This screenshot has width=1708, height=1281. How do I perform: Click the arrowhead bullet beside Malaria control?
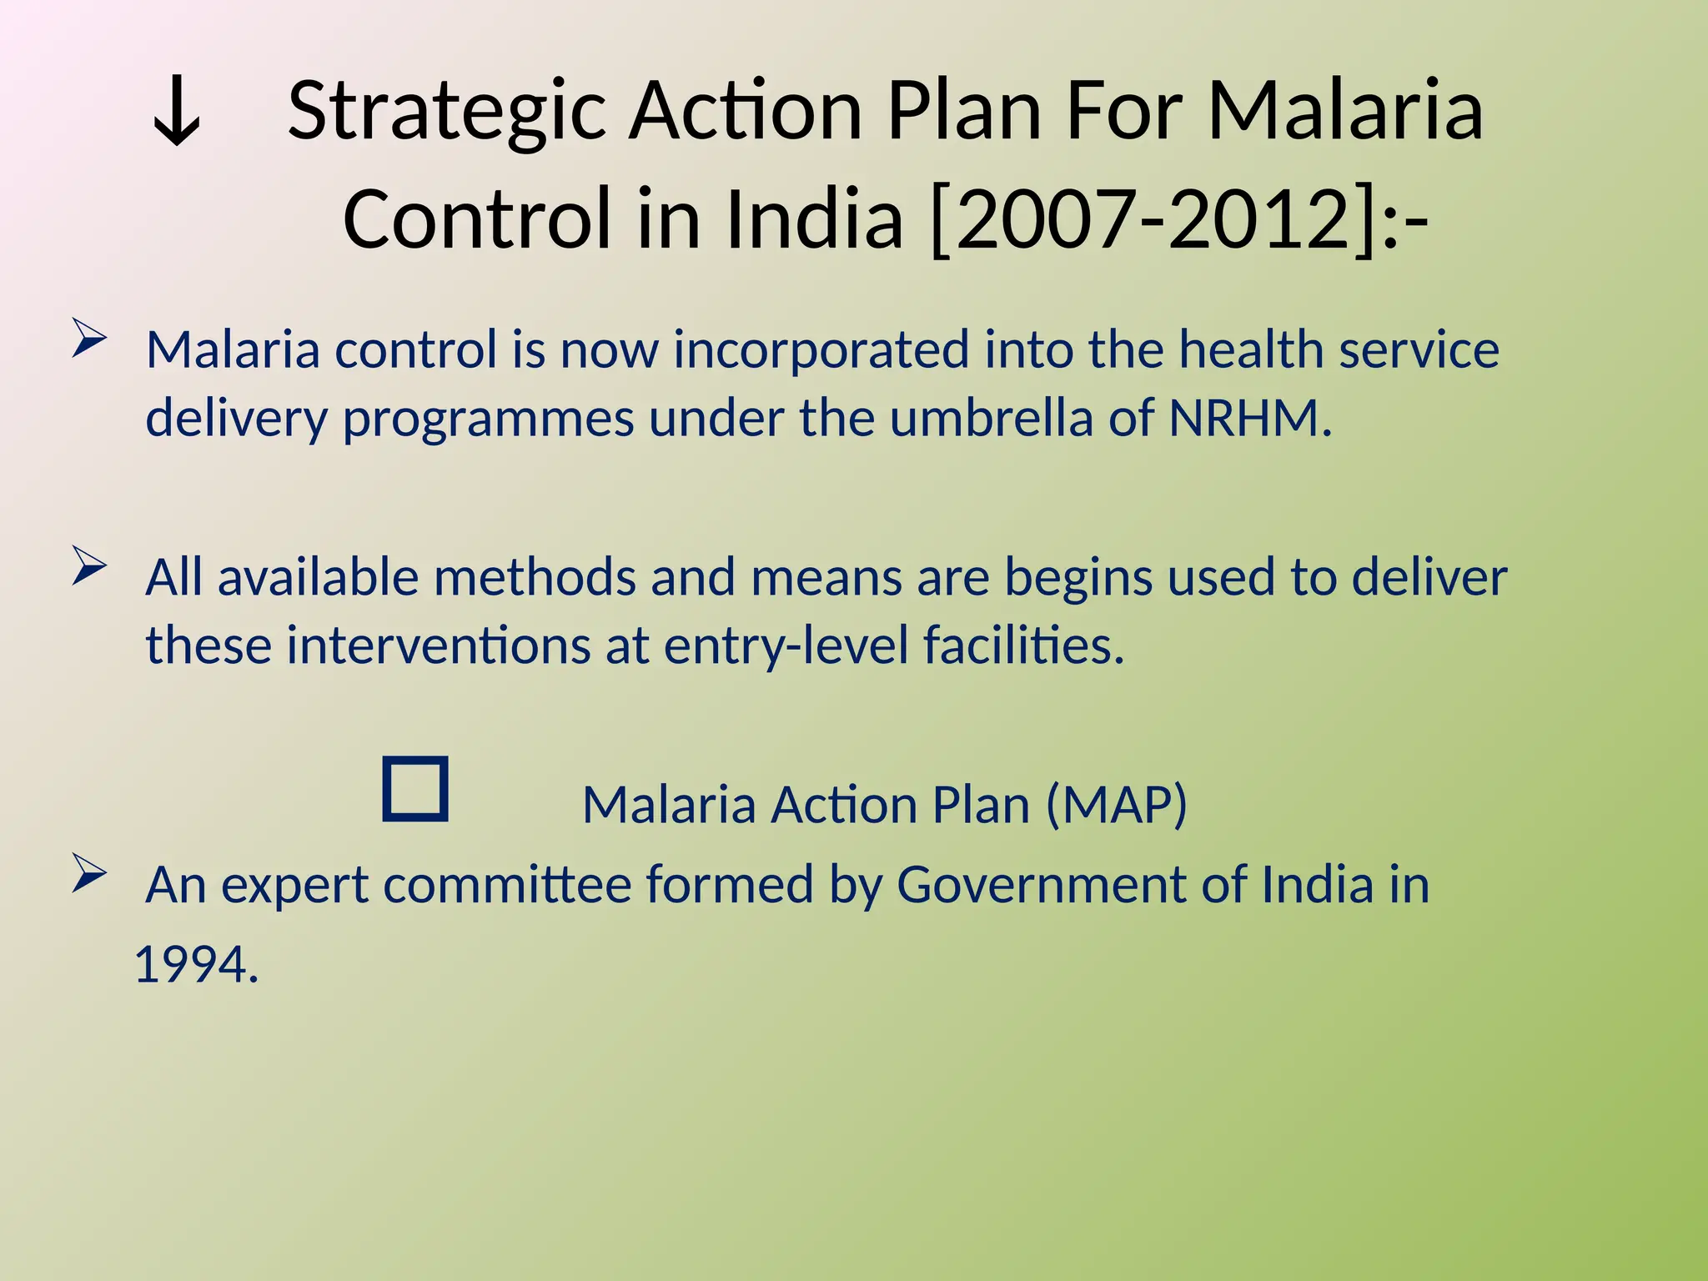pos(89,338)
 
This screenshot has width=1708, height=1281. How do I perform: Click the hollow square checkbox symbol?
pos(415,789)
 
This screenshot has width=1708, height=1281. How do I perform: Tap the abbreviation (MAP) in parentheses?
pos(1116,805)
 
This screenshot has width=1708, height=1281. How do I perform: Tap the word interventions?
pos(439,646)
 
